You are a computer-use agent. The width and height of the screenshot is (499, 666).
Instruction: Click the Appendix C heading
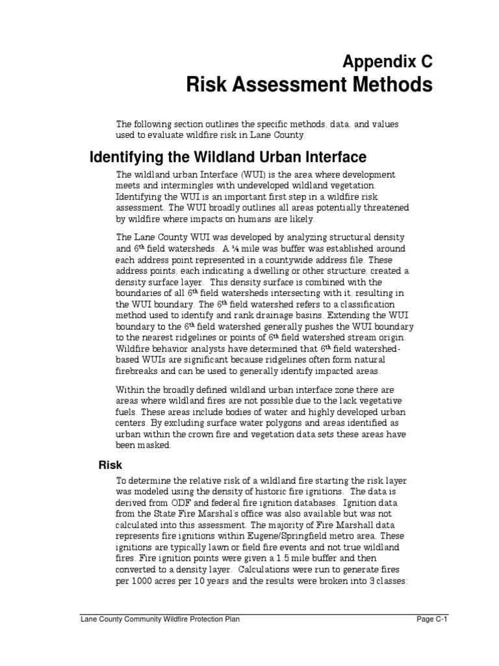387,62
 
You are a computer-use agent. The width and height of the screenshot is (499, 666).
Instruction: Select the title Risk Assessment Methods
309,85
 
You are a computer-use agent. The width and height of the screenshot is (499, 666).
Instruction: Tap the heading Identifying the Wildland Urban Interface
227,157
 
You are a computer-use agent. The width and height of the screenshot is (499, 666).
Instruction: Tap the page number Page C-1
433,619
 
